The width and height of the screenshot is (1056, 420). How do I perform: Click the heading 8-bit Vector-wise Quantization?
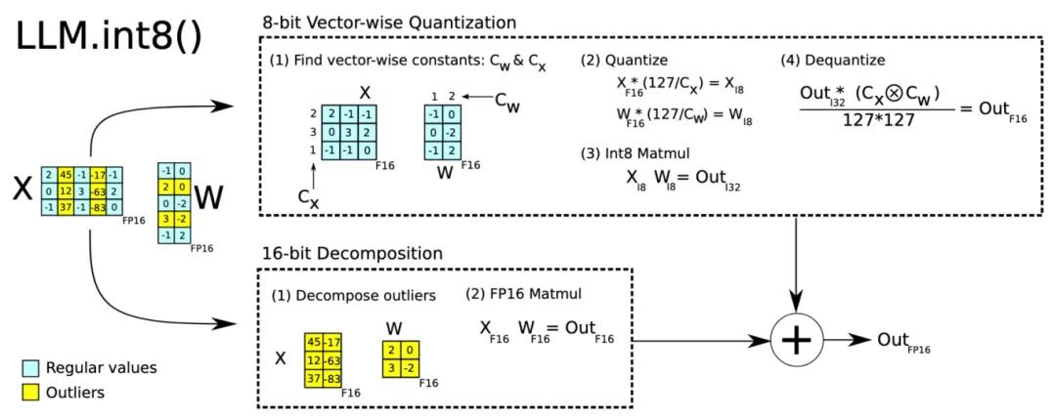tap(389, 21)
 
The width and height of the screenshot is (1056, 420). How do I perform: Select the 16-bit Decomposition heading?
tap(352, 254)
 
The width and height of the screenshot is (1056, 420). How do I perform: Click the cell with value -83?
tap(99, 206)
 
